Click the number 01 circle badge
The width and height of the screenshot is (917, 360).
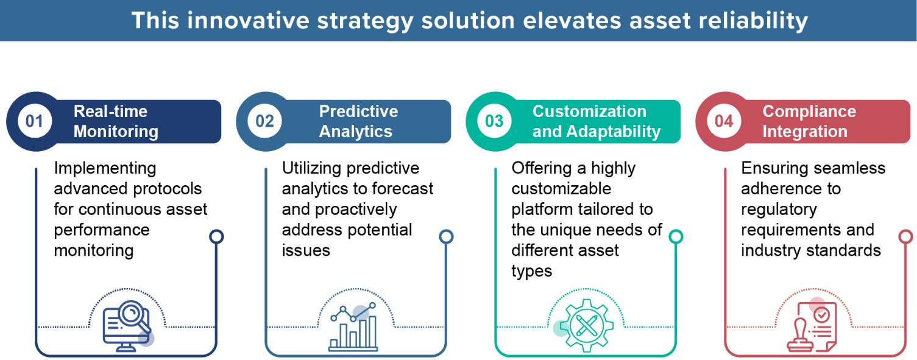[x=34, y=121]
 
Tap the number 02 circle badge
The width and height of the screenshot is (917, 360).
[x=264, y=121]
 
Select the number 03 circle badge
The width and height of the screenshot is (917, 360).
[x=494, y=121]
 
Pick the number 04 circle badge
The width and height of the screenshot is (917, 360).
[x=724, y=121]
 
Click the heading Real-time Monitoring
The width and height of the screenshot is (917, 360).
[x=116, y=121]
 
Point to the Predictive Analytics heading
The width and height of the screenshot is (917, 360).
[x=358, y=121]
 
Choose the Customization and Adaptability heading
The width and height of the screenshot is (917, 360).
[x=597, y=121]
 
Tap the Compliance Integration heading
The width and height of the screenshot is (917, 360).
[x=809, y=121]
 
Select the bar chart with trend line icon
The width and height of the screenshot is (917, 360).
[x=353, y=327]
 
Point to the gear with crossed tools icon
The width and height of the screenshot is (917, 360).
[x=586, y=326]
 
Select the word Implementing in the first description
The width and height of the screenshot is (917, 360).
[x=105, y=169]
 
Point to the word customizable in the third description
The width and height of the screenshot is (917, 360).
[x=561, y=189]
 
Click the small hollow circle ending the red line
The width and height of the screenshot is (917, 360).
[x=905, y=236]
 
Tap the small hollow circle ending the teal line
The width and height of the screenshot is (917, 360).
[x=676, y=236]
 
